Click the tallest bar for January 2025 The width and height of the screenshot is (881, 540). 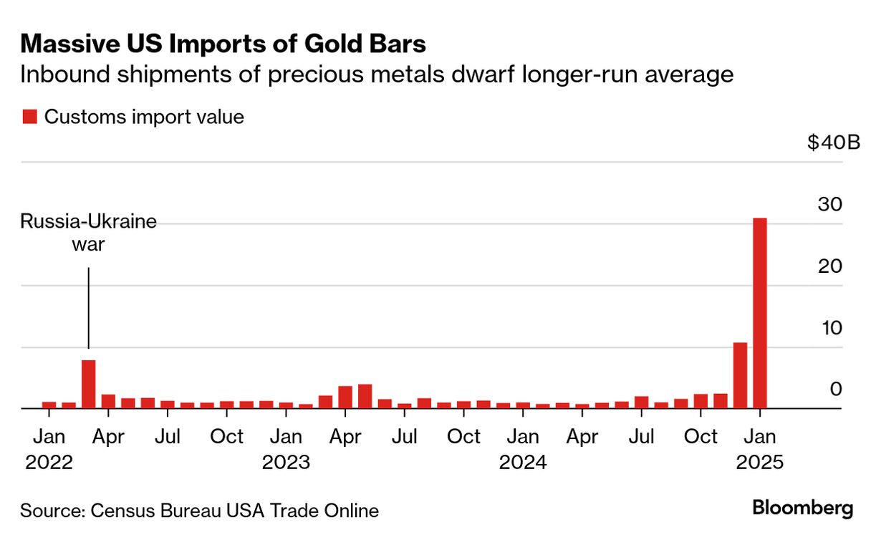click(x=760, y=313)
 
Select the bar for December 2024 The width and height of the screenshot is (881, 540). click(x=740, y=375)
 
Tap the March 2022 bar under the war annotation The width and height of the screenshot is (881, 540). click(x=88, y=384)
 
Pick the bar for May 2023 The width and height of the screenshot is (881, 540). click(x=365, y=396)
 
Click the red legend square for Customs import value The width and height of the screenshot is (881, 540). click(x=29, y=117)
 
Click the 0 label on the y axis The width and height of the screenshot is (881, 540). click(x=835, y=390)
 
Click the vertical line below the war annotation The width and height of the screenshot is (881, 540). click(x=88, y=308)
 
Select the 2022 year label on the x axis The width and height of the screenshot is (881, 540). click(x=49, y=462)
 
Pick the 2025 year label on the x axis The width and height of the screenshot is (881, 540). click(x=760, y=462)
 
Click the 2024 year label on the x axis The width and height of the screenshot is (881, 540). click(x=523, y=462)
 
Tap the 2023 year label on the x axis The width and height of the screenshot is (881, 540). click(x=286, y=462)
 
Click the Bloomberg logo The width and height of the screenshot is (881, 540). click(x=803, y=508)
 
